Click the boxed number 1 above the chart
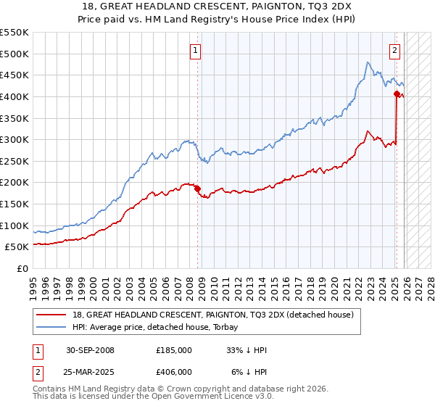(196, 51)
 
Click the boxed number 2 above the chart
(394, 51)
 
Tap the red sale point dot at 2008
(197, 189)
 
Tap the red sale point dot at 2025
(397, 94)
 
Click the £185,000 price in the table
(174, 350)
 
